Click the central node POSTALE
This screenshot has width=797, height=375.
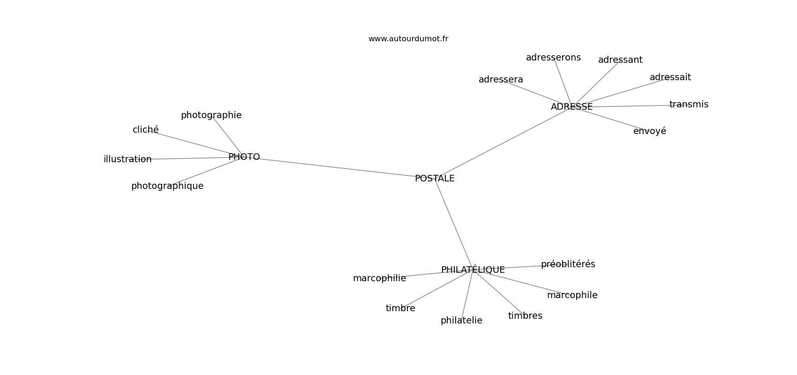tap(435, 179)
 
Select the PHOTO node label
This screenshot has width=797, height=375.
tap(244, 157)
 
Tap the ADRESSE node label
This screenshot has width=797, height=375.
tap(571, 107)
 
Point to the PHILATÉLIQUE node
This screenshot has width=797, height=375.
tap(473, 270)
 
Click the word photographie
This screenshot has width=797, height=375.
tap(211, 115)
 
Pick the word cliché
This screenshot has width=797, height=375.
tap(145, 130)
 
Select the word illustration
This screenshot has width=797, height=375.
tap(128, 159)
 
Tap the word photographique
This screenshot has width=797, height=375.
tap(167, 186)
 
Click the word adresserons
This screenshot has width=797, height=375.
tap(553, 58)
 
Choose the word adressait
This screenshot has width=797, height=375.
tap(670, 77)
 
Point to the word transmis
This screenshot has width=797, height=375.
tap(689, 105)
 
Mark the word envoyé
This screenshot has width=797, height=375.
tap(649, 131)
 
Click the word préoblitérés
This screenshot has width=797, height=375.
tap(568, 264)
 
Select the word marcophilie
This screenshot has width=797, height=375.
tap(379, 278)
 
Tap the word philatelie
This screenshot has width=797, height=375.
tap(461, 321)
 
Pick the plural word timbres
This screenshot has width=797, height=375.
tap(525, 316)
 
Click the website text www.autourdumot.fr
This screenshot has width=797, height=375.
tap(408, 39)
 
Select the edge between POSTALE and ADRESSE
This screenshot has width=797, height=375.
tap(504, 142)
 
